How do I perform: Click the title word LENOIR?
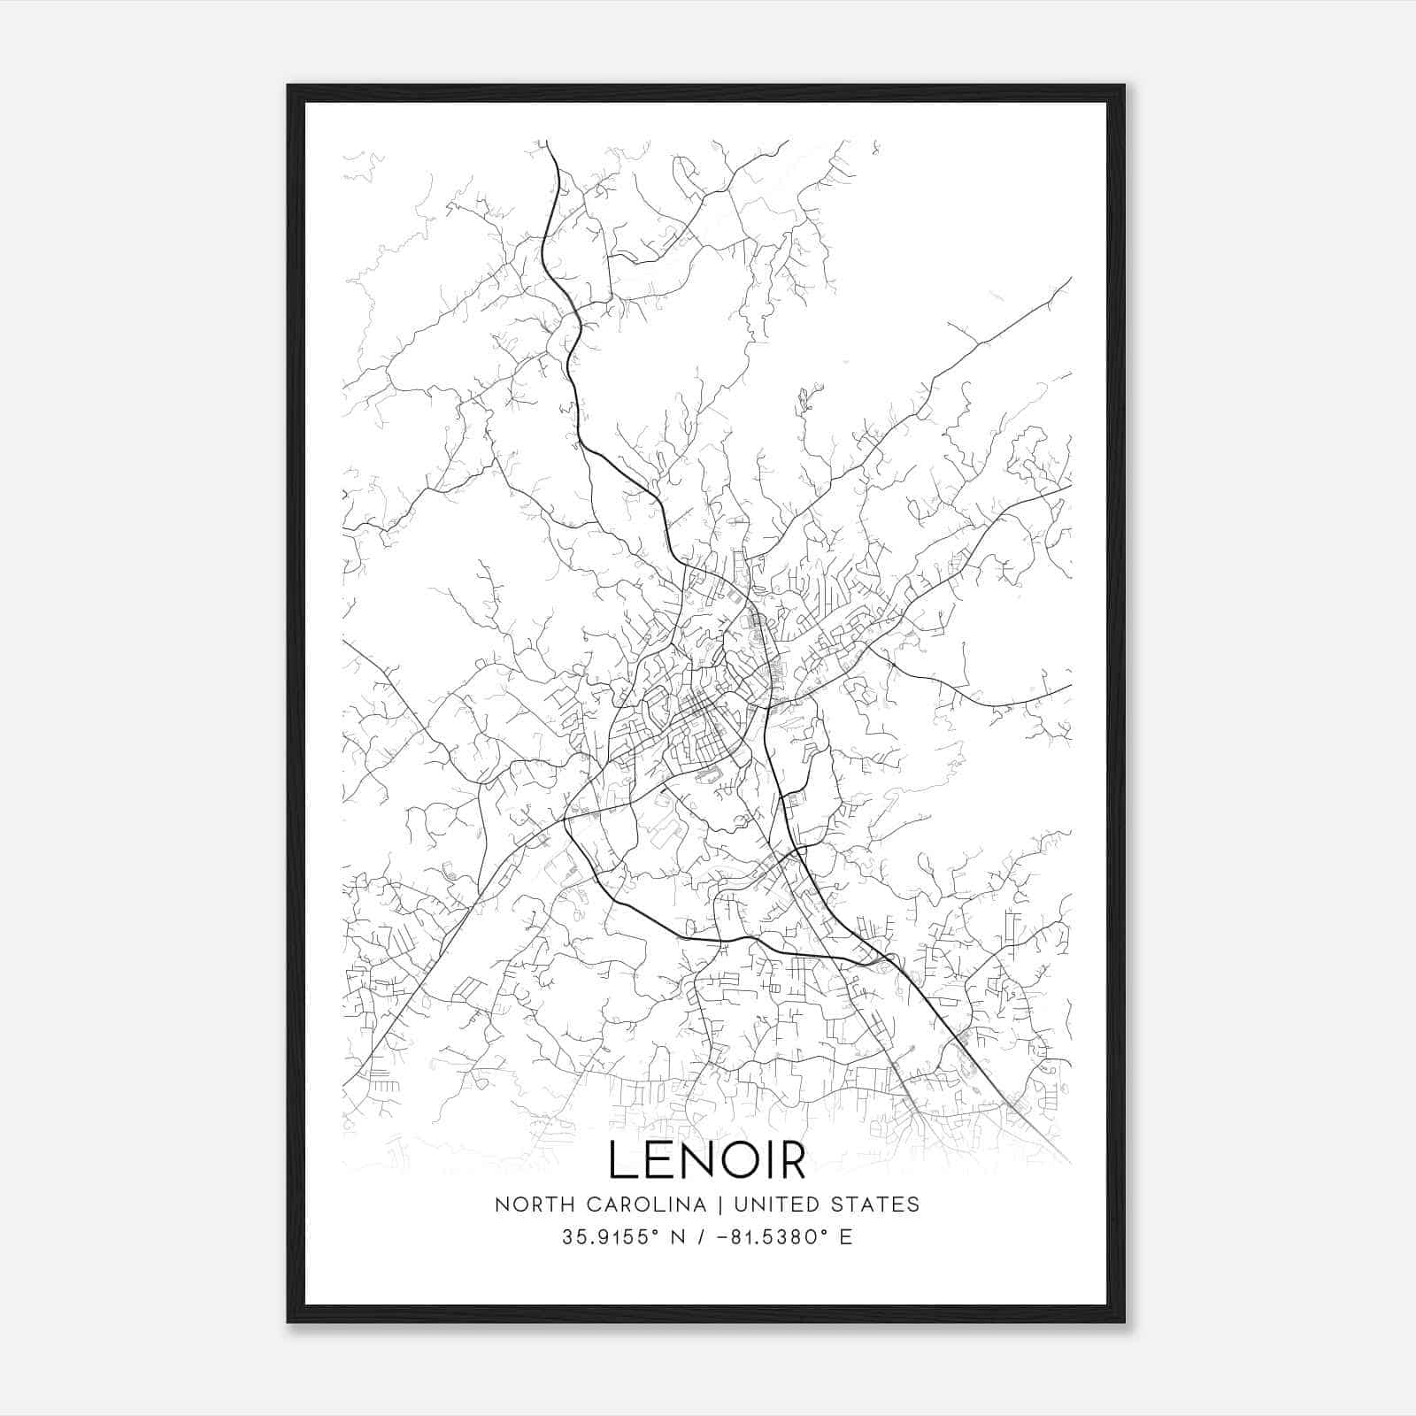pos(707,1160)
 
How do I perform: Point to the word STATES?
pos(876,1204)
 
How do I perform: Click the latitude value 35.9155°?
pos(604,1237)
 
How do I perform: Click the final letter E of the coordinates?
pos(846,1237)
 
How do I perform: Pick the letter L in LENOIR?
pos(620,1160)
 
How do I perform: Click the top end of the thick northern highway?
pos(548,142)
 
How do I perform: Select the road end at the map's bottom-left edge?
pos(344,1085)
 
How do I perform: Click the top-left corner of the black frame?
pos(289,86)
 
